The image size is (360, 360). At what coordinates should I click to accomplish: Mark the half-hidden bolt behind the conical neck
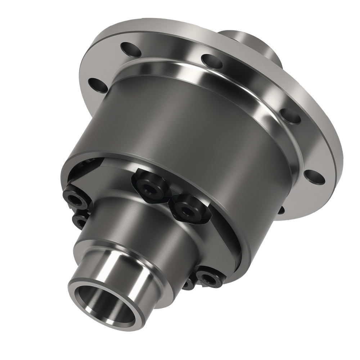point(188,284)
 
